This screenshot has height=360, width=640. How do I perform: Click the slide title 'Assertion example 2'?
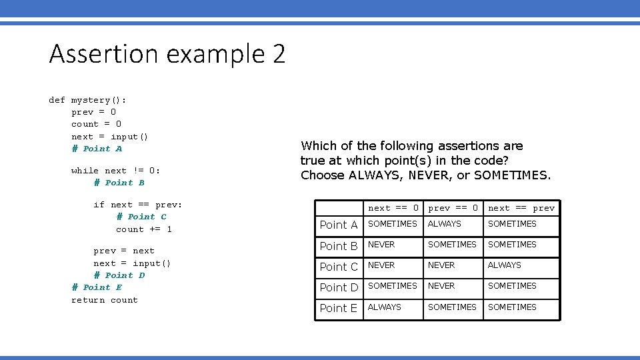(x=167, y=54)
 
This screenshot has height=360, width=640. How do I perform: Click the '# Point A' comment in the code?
(x=97, y=149)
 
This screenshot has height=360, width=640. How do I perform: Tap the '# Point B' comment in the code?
(x=119, y=183)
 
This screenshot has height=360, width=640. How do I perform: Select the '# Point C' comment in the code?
(x=141, y=217)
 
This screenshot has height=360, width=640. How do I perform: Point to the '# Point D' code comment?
(x=119, y=275)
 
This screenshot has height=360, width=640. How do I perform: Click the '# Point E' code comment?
(x=97, y=287)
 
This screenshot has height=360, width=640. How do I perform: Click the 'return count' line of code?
(x=105, y=300)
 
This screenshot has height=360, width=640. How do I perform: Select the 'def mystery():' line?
(x=87, y=100)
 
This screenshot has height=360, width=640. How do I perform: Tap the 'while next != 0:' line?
(x=115, y=171)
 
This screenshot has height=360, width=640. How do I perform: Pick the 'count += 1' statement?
(x=143, y=229)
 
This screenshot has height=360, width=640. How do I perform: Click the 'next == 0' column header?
(x=393, y=208)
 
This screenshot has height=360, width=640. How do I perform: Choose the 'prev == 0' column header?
(x=453, y=208)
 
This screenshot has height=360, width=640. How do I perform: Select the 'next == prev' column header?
(x=521, y=208)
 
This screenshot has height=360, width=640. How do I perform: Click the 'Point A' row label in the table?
(x=339, y=225)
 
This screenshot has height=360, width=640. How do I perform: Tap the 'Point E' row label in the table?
(x=339, y=309)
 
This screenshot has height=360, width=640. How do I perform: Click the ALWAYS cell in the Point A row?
(x=445, y=224)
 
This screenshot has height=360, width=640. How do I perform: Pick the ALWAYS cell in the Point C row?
(x=505, y=265)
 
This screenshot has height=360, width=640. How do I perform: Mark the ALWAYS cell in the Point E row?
(x=385, y=307)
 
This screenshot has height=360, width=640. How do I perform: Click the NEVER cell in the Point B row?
(x=381, y=245)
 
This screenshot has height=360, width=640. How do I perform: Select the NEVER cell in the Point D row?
(x=441, y=286)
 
